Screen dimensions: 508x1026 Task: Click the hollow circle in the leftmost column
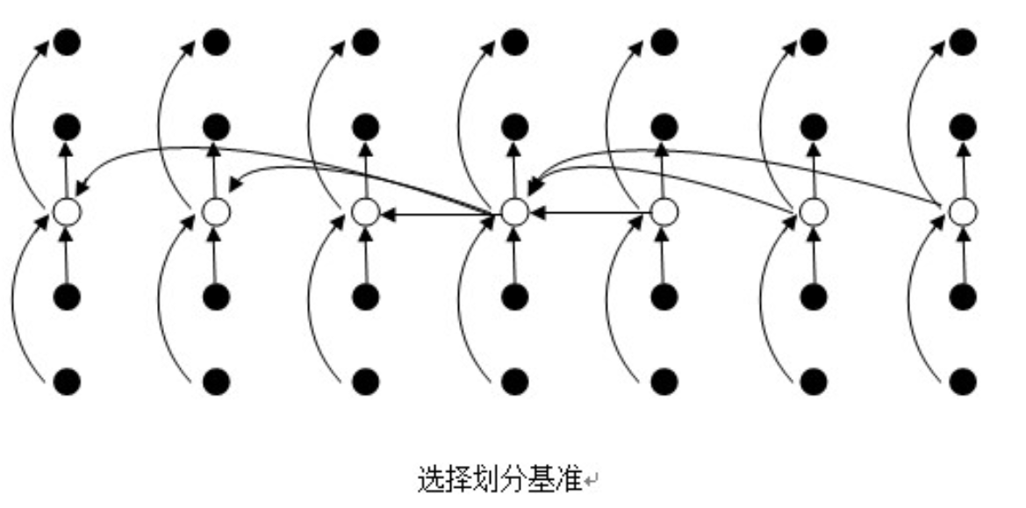pos(67,211)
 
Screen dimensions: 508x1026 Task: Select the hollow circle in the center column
pos(515,211)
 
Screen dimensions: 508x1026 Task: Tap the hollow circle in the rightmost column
pos(964,211)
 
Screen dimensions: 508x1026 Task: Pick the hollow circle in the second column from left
pos(216,211)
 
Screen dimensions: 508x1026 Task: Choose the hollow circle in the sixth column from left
pos(814,211)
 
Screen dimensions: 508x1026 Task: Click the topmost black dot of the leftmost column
pos(67,40)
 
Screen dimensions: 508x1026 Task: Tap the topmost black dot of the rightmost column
pos(964,40)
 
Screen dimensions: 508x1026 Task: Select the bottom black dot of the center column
pos(515,382)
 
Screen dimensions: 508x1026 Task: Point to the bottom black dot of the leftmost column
pos(67,382)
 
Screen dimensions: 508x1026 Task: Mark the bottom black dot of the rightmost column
pos(964,382)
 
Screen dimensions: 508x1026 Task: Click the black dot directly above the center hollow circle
pos(515,126)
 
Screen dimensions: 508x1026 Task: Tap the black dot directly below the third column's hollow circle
pos(366,297)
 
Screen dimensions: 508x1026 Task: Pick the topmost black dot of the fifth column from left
pos(664,40)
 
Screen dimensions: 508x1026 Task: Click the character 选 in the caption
pos(429,479)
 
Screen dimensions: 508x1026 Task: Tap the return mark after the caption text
pos(593,481)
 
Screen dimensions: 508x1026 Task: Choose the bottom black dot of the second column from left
pos(216,382)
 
